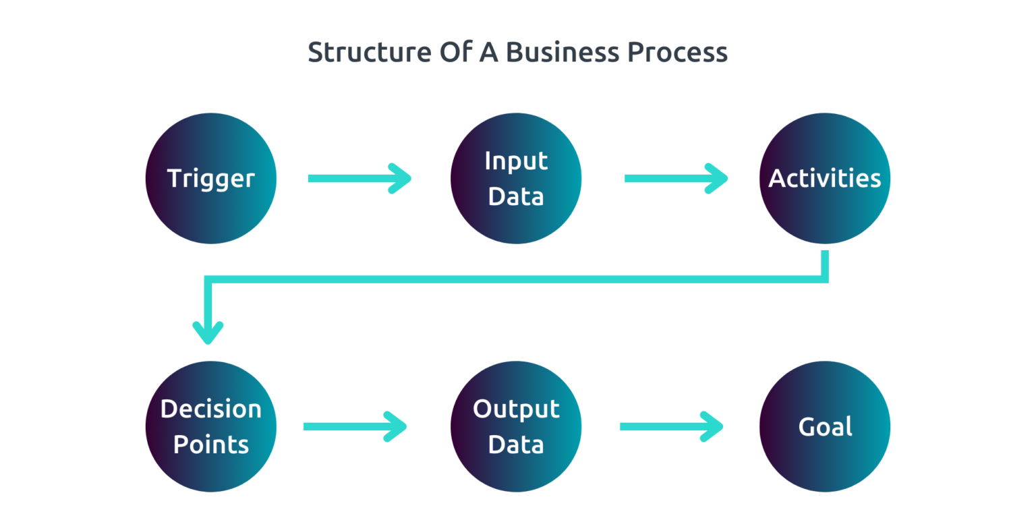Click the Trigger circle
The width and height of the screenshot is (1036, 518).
211,178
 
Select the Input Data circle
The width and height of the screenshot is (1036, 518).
516,178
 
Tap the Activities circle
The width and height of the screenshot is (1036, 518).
825,178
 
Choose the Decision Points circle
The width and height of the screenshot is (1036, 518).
211,426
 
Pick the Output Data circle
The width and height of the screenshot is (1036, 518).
516,426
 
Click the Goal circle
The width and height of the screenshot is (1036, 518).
825,426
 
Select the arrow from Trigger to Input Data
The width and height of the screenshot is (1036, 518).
357,178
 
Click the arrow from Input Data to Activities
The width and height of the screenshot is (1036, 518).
674,178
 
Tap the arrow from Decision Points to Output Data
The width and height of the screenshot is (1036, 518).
353,426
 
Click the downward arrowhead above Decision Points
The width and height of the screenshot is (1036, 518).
208,332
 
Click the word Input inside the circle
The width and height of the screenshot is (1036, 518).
516,161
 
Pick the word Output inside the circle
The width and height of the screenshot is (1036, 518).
516,409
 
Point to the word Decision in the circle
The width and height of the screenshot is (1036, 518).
211,409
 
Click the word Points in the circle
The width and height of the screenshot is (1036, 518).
211,445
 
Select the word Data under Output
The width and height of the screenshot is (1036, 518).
516,445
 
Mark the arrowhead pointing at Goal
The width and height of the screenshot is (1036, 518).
714,426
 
